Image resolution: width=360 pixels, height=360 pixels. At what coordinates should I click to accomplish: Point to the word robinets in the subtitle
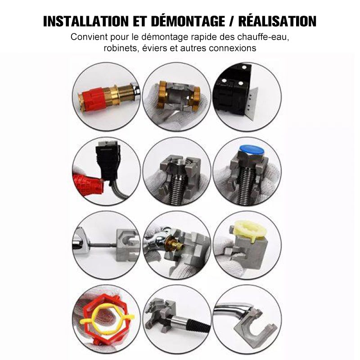tap(118, 48)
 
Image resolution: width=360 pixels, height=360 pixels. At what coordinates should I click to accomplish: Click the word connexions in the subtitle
tap(234, 48)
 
